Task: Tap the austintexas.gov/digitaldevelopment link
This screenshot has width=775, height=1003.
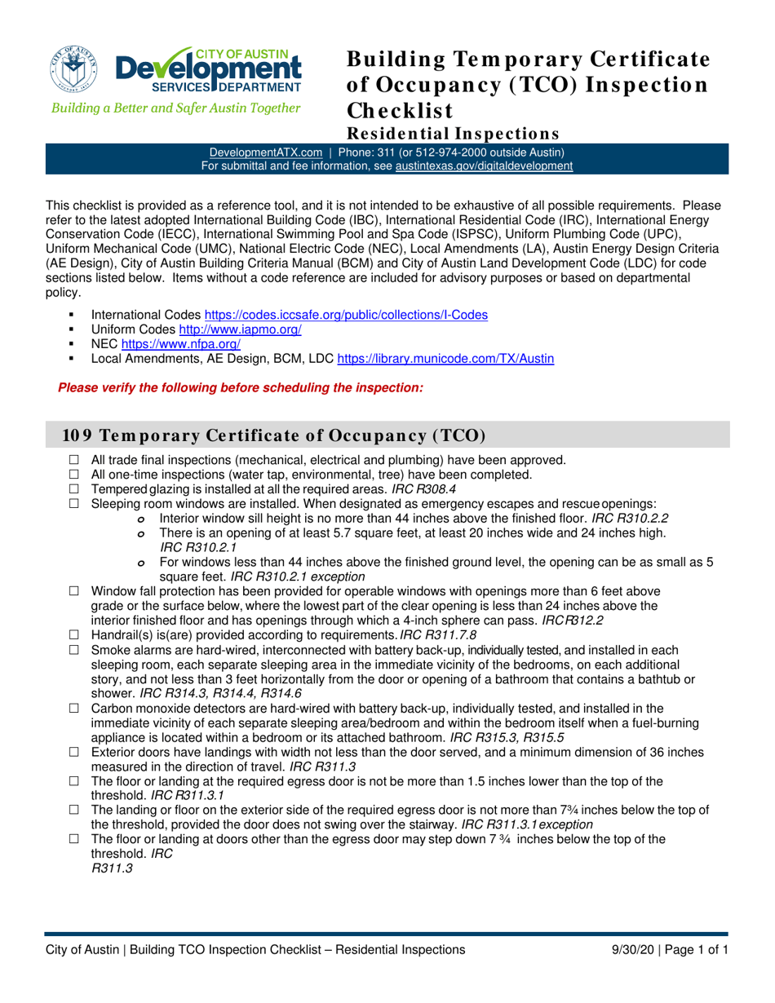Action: coord(484,166)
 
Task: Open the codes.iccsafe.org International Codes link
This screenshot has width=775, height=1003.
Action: coord(345,315)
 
